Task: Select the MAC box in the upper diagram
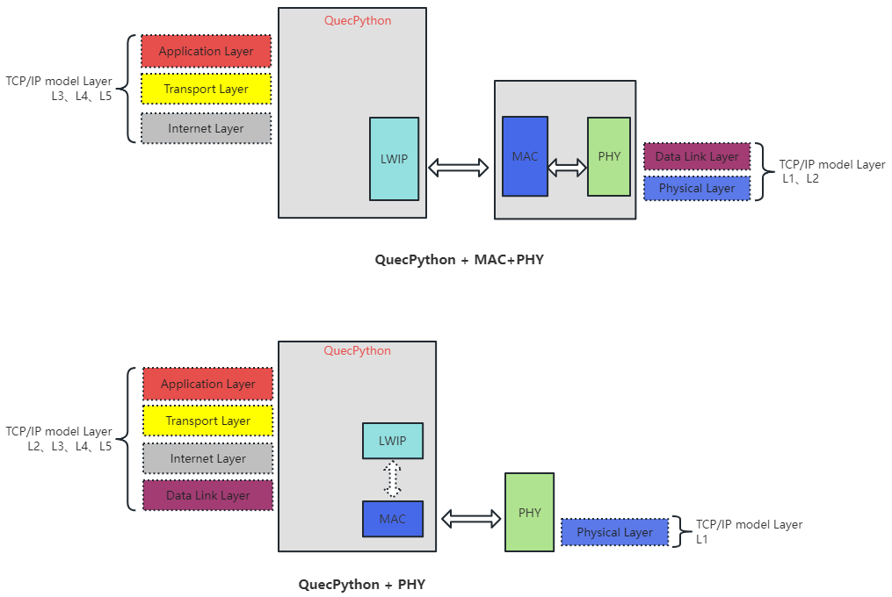[x=525, y=156]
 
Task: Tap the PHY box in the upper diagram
[x=608, y=156]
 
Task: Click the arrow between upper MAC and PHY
[x=568, y=167]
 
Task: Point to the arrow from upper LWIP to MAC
[x=458, y=167]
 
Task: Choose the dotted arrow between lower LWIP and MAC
[x=393, y=479]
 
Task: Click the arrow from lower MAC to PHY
[x=471, y=519]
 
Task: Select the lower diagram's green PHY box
[x=529, y=512]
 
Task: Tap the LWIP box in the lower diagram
[x=392, y=441]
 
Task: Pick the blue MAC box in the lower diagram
[x=392, y=519]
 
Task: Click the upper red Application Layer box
[x=206, y=51]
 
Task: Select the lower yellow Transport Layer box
[x=207, y=421]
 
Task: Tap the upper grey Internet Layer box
[x=206, y=128]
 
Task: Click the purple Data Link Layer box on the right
[x=697, y=156]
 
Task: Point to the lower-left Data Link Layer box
[x=207, y=495]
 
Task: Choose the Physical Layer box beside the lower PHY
[x=614, y=532]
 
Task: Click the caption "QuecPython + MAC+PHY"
[x=453, y=260]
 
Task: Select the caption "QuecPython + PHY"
[x=361, y=584]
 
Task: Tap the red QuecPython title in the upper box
[x=358, y=20]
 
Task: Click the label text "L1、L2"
[x=801, y=178]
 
